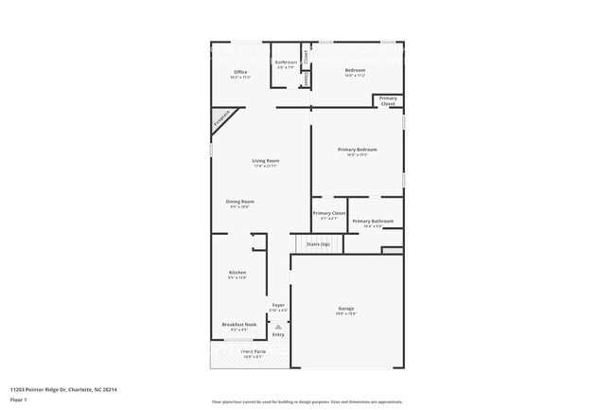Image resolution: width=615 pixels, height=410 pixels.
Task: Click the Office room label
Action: pos(240,72)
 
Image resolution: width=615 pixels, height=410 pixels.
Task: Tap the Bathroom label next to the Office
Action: pos(287,62)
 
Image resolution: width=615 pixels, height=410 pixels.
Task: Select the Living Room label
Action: pos(265,161)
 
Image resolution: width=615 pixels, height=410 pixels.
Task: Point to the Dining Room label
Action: pos(239,201)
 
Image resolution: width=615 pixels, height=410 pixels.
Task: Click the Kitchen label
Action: pos(237,273)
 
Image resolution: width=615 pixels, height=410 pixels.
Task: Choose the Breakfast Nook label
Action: pos(239,325)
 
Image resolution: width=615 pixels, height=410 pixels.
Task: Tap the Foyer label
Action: pos(278,305)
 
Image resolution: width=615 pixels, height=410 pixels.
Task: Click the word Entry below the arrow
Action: pos(278,334)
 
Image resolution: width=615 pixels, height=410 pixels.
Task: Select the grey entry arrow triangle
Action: pos(278,326)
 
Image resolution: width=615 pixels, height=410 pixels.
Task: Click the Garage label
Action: pos(346,309)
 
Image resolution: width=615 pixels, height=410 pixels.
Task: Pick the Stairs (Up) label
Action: pos(317,244)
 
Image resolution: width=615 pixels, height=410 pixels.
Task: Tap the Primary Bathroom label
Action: pos(373,222)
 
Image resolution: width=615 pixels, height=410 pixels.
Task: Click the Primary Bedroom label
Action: pos(358,150)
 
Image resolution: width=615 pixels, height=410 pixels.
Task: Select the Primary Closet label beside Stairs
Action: pos(329,214)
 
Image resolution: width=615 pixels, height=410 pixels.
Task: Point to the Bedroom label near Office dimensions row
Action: pos(355,70)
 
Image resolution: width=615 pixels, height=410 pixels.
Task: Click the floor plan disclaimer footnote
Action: pos(307,401)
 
